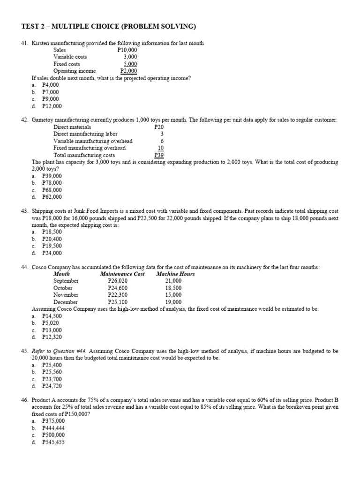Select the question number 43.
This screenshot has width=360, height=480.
tap(25, 211)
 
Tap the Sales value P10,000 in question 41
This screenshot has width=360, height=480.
tap(127, 50)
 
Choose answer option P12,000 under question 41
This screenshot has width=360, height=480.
tap(52, 106)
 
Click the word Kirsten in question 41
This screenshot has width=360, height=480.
tap(41, 43)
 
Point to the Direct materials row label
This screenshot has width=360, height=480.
tap(72, 127)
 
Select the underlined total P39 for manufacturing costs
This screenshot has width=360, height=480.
tap(158, 155)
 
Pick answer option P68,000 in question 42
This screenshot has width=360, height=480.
tap(52, 190)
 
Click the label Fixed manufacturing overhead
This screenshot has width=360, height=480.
tap(89, 148)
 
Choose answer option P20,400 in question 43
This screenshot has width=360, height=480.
tap(52, 239)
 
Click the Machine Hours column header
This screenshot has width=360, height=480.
tap(175, 274)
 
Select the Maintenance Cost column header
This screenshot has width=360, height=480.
tap(122, 274)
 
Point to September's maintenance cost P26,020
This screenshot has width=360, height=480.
tap(118, 281)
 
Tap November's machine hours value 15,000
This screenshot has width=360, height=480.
tap(173, 295)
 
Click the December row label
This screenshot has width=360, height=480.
tap(66, 302)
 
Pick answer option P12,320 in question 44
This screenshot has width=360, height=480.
tap(52, 337)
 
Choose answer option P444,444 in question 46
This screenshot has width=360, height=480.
tap(52, 428)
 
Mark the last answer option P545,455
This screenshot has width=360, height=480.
tap(52, 442)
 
